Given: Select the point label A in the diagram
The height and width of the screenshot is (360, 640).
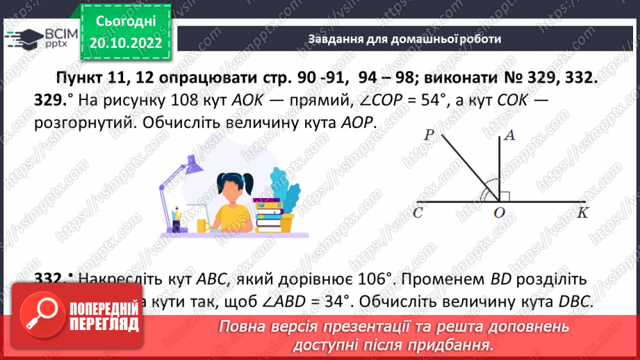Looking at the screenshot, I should [509, 137].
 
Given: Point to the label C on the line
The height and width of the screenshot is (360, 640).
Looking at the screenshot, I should [418, 214].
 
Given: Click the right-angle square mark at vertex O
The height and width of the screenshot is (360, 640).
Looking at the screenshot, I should [505, 197].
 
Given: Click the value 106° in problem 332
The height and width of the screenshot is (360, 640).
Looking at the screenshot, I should [367, 279].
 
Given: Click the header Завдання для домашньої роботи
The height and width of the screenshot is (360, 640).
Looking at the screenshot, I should [404, 39].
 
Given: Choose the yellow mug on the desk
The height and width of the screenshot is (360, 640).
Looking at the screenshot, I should [202, 226].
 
